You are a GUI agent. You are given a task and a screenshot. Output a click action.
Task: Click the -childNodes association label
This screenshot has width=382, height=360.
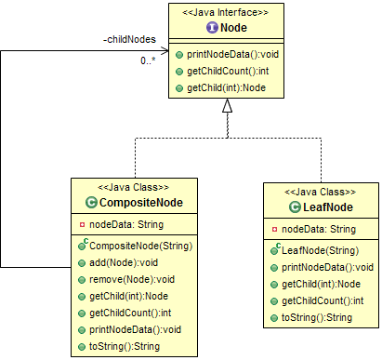pos(129,40)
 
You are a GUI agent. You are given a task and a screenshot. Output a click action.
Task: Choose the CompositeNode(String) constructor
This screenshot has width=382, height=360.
pos(138,247)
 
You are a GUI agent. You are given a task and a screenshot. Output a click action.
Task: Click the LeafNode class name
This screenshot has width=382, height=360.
pos(323,206)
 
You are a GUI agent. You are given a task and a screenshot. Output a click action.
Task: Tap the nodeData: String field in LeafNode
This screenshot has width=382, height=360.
pos(318,228)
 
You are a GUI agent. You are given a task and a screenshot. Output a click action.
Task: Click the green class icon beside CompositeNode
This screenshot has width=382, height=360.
pos(91,202)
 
